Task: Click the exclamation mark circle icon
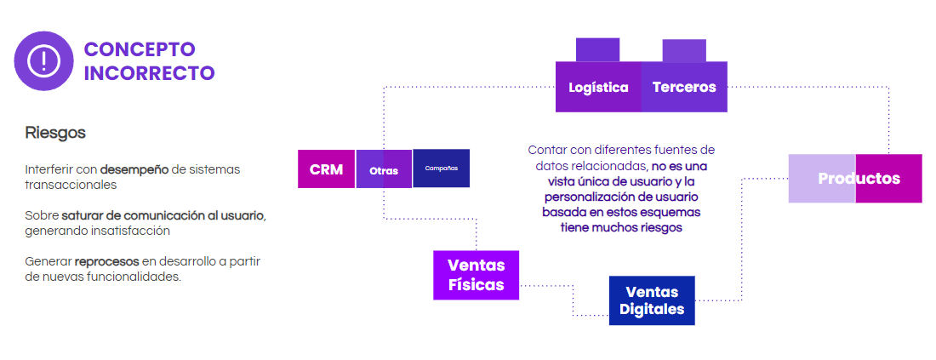(x=43, y=60)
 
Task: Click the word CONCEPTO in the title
(x=140, y=49)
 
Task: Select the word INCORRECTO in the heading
(x=149, y=73)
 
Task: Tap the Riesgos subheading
(x=55, y=134)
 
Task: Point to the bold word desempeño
(x=134, y=169)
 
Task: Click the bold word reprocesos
(x=106, y=261)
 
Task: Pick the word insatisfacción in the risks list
(x=127, y=231)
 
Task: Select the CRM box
(x=326, y=169)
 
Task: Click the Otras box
(x=384, y=170)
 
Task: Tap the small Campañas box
(x=441, y=169)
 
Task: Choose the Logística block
(x=598, y=87)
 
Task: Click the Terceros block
(x=684, y=87)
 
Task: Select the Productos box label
(x=859, y=179)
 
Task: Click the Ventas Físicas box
(x=476, y=275)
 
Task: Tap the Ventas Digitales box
(x=652, y=300)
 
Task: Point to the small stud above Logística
(x=597, y=50)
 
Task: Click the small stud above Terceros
(x=684, y=50)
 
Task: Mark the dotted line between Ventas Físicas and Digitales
(x=572, y=300)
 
